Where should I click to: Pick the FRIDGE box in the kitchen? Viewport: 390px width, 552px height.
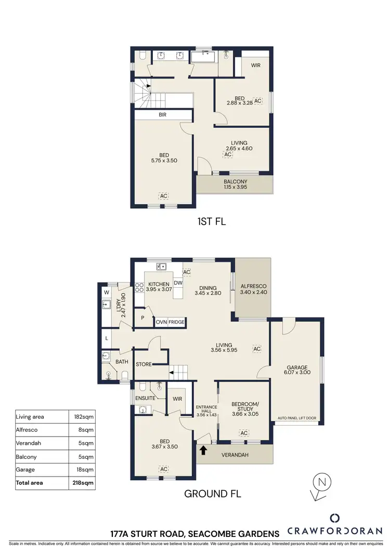coord(176,323)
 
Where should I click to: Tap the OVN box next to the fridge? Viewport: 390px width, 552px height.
coord(161,323)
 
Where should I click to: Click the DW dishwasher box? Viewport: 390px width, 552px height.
coord(178,283)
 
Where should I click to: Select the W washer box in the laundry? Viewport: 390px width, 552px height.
coord(107,292)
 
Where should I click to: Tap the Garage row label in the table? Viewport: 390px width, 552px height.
coord(26,470)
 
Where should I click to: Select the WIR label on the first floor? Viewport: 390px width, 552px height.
coord(256,66)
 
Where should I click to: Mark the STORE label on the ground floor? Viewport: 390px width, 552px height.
coord(144,364)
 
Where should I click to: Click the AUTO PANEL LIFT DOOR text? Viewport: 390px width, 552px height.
coord(297,418)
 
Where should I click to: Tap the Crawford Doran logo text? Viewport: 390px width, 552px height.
coord(335,533)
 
